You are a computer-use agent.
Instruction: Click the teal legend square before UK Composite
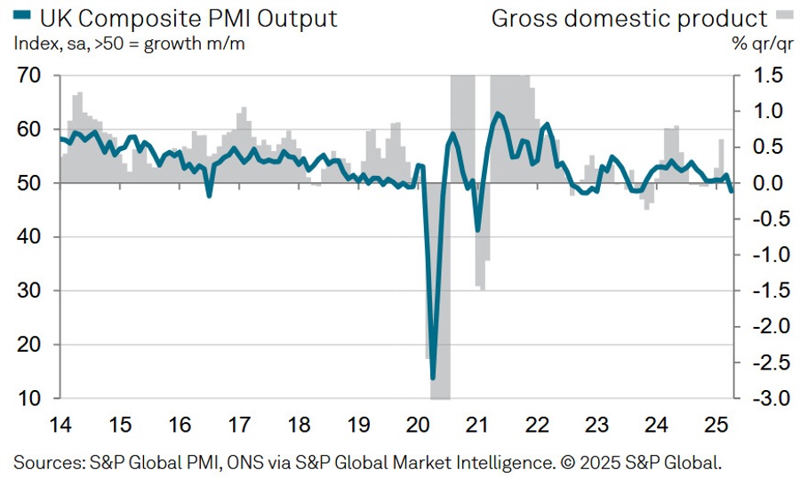[22, 17]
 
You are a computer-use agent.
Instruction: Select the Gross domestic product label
[628, 18]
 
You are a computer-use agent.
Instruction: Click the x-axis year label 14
[60, 424]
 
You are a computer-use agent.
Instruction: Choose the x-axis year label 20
[418, 424]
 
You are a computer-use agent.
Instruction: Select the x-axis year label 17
[239, 424]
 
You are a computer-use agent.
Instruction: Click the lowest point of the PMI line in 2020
[433, 378]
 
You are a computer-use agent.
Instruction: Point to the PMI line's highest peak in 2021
[497, 114]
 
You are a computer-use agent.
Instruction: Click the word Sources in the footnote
[46, 461]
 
